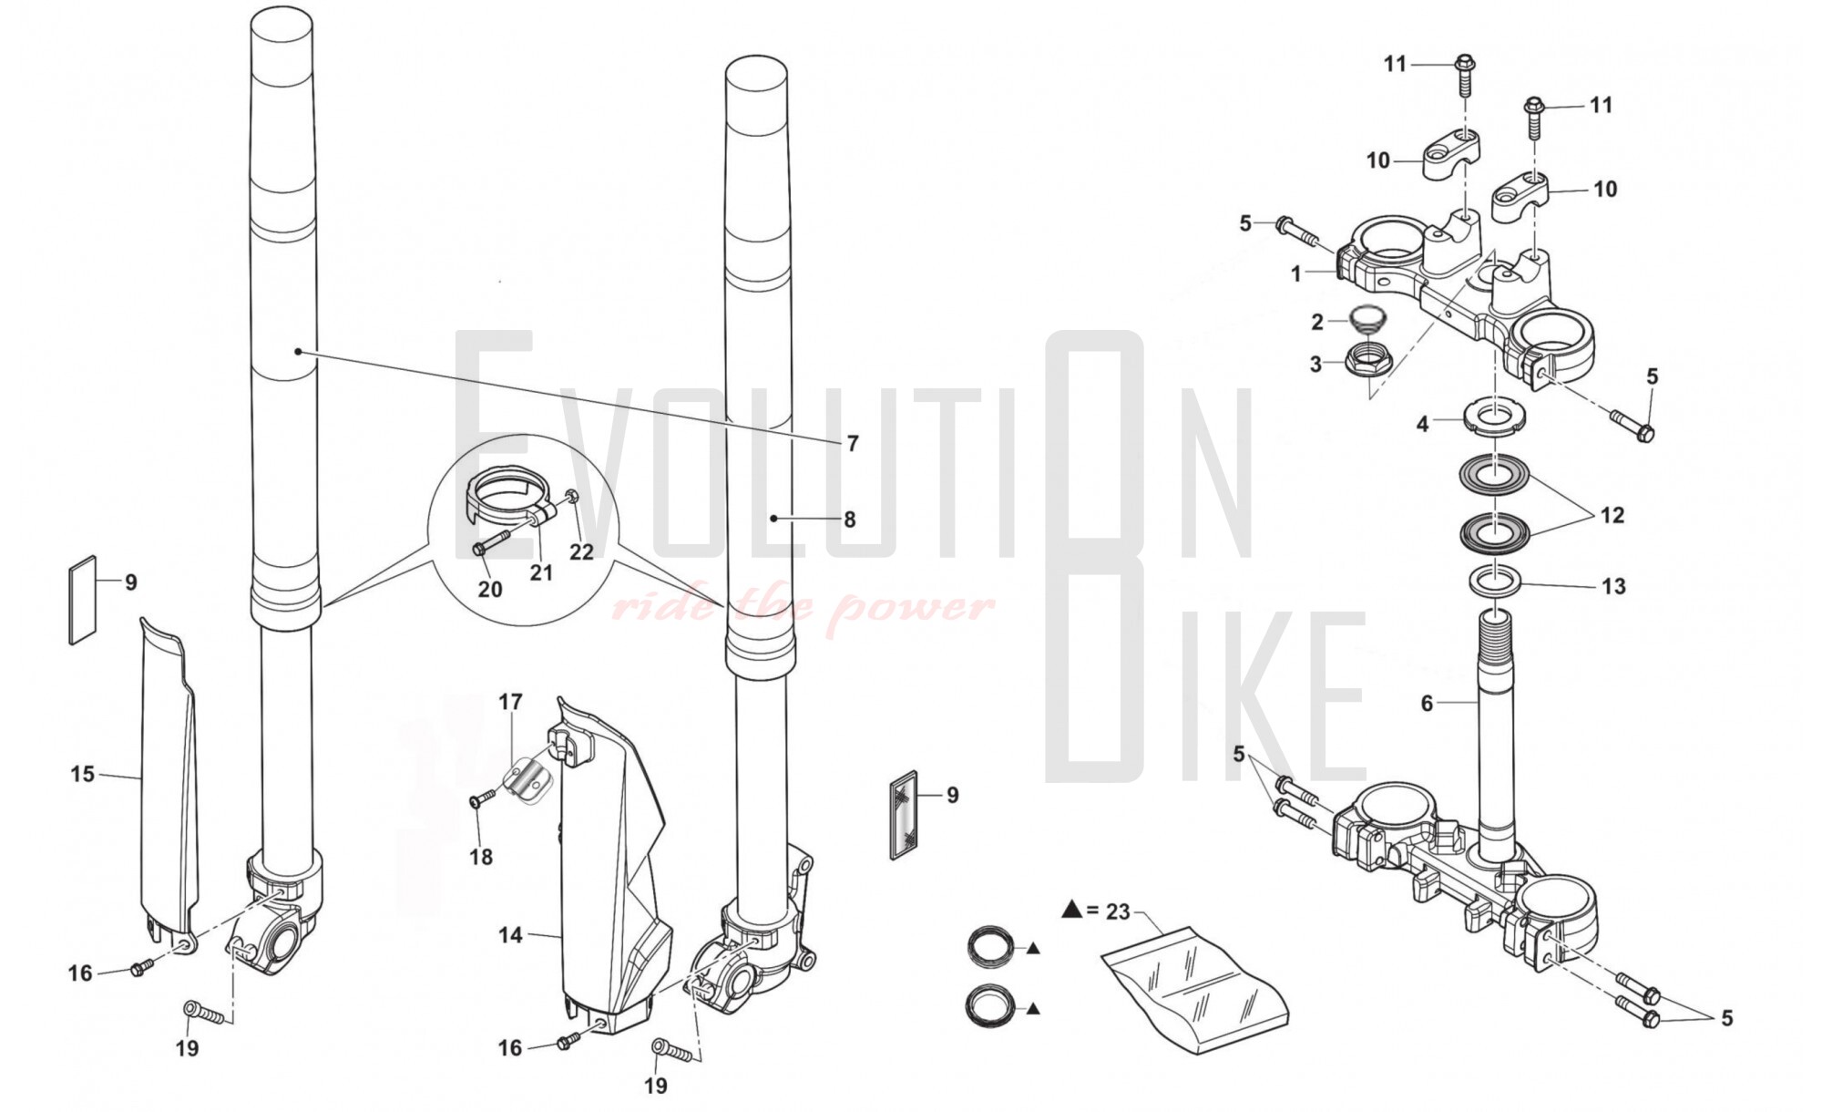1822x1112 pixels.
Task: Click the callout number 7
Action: (852, 443)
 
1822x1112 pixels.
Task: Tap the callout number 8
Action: (849, 520)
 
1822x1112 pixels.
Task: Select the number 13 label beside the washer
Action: (1612, 586)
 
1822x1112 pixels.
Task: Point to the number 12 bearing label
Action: (1612, 515)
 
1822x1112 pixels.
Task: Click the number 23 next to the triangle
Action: (1118, 911)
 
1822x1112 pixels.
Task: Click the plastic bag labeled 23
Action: (1194, 989)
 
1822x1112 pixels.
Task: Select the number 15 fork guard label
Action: (82, 774)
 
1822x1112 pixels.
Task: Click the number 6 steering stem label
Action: (1427, 703)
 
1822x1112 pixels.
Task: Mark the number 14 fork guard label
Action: (510, 935)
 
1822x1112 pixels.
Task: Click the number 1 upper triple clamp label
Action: (1296, 273)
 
